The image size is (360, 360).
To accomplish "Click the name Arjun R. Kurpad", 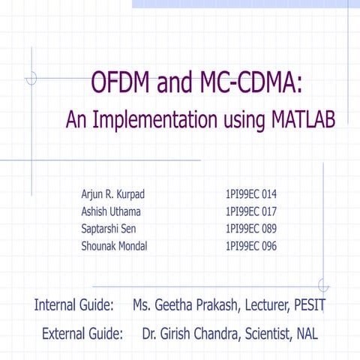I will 112,193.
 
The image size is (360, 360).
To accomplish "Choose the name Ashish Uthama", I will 110,211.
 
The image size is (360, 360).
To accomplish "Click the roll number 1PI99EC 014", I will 251,193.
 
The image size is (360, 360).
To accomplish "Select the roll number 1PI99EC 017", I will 251,211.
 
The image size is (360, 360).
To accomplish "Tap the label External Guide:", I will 82,333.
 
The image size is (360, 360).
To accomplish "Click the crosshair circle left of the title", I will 31,77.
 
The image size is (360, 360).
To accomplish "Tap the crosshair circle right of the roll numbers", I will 323,285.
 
